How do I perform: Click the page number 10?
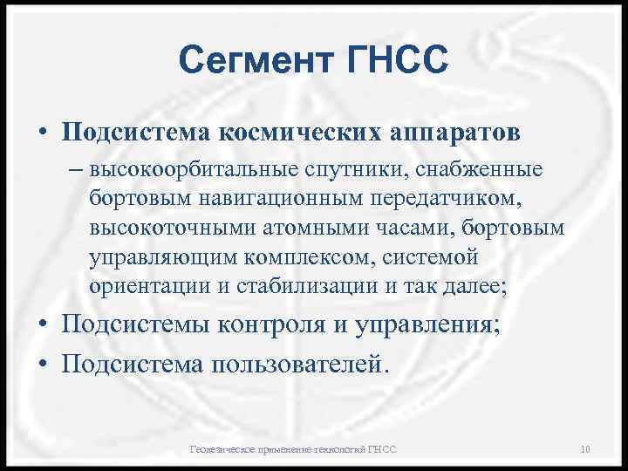click(585, 448)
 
